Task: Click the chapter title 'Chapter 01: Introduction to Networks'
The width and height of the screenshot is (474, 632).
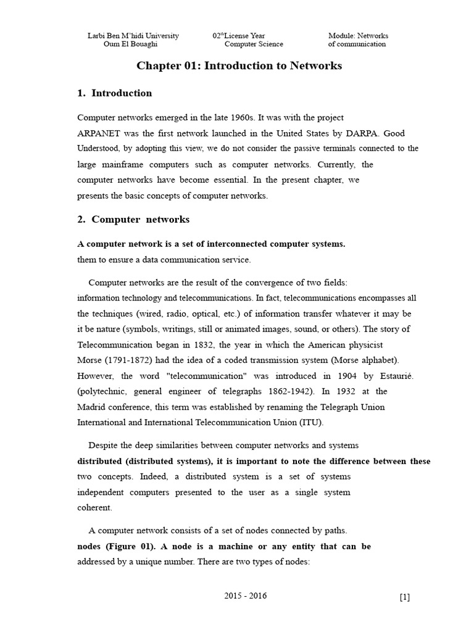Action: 239,65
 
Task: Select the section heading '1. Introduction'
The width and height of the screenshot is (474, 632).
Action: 115,93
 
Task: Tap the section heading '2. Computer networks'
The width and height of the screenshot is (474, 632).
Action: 133,220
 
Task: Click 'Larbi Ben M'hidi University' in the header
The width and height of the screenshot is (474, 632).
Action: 133,36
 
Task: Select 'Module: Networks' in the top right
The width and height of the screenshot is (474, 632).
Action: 358,36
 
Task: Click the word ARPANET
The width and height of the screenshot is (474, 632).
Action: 99,133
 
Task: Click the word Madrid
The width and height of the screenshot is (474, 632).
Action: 91,407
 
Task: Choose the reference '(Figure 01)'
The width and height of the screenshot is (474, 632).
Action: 131,547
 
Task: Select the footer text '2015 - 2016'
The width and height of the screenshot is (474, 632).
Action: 246,596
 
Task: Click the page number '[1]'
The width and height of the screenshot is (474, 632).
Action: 404,597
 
